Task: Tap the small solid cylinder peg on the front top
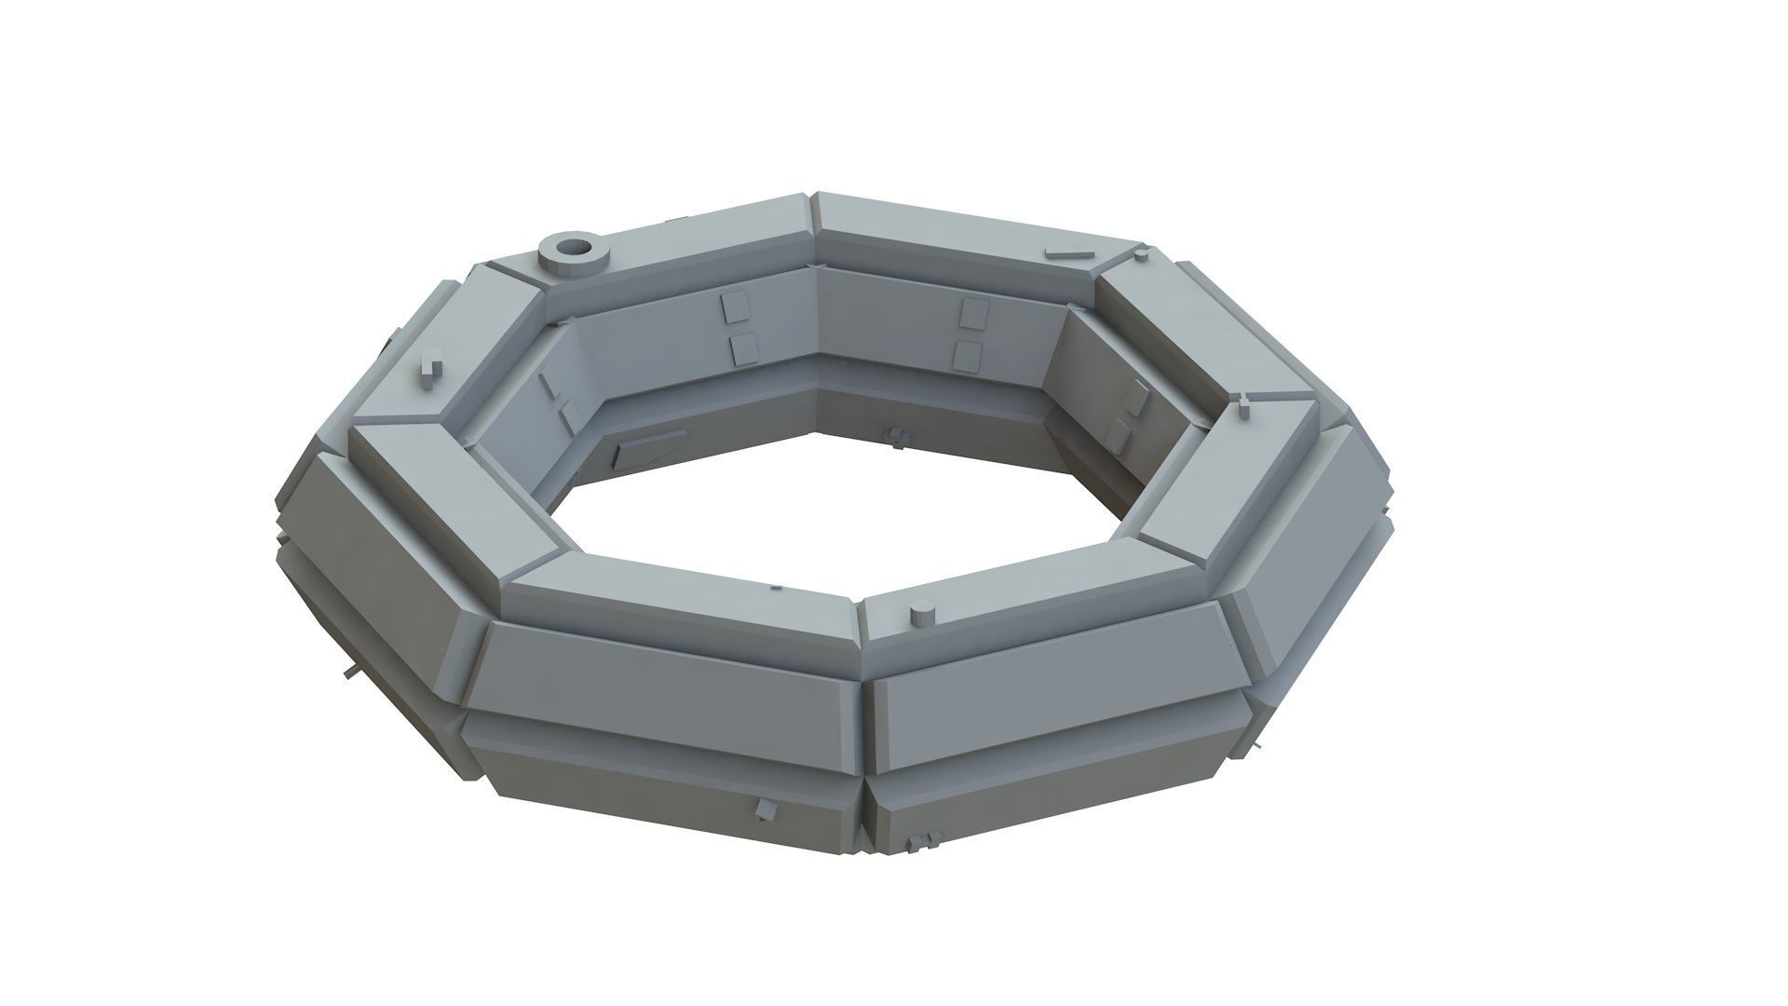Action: click(922, 615)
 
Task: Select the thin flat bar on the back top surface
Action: click(1066, 252)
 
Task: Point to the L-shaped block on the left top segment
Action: click(429, 368)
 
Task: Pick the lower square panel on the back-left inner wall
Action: click(744, 349)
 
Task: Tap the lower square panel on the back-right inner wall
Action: click(968, 355)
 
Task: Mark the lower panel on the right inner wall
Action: click(1117, 433)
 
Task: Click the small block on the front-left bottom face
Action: click(765, 809)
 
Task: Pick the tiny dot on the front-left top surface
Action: click(777, 588)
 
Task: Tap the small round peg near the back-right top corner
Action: click(1139, 255)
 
